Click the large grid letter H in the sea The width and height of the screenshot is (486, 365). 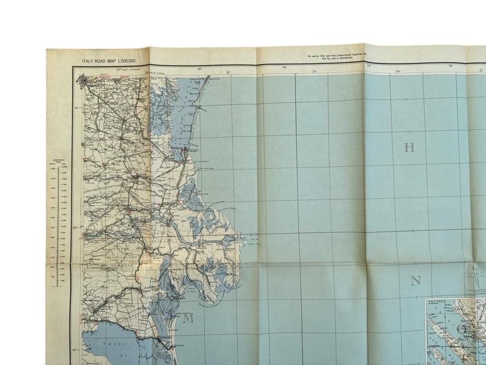(409, 148)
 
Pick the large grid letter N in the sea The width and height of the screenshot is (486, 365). (415, 281)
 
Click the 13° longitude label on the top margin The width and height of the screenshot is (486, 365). (369, 67)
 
